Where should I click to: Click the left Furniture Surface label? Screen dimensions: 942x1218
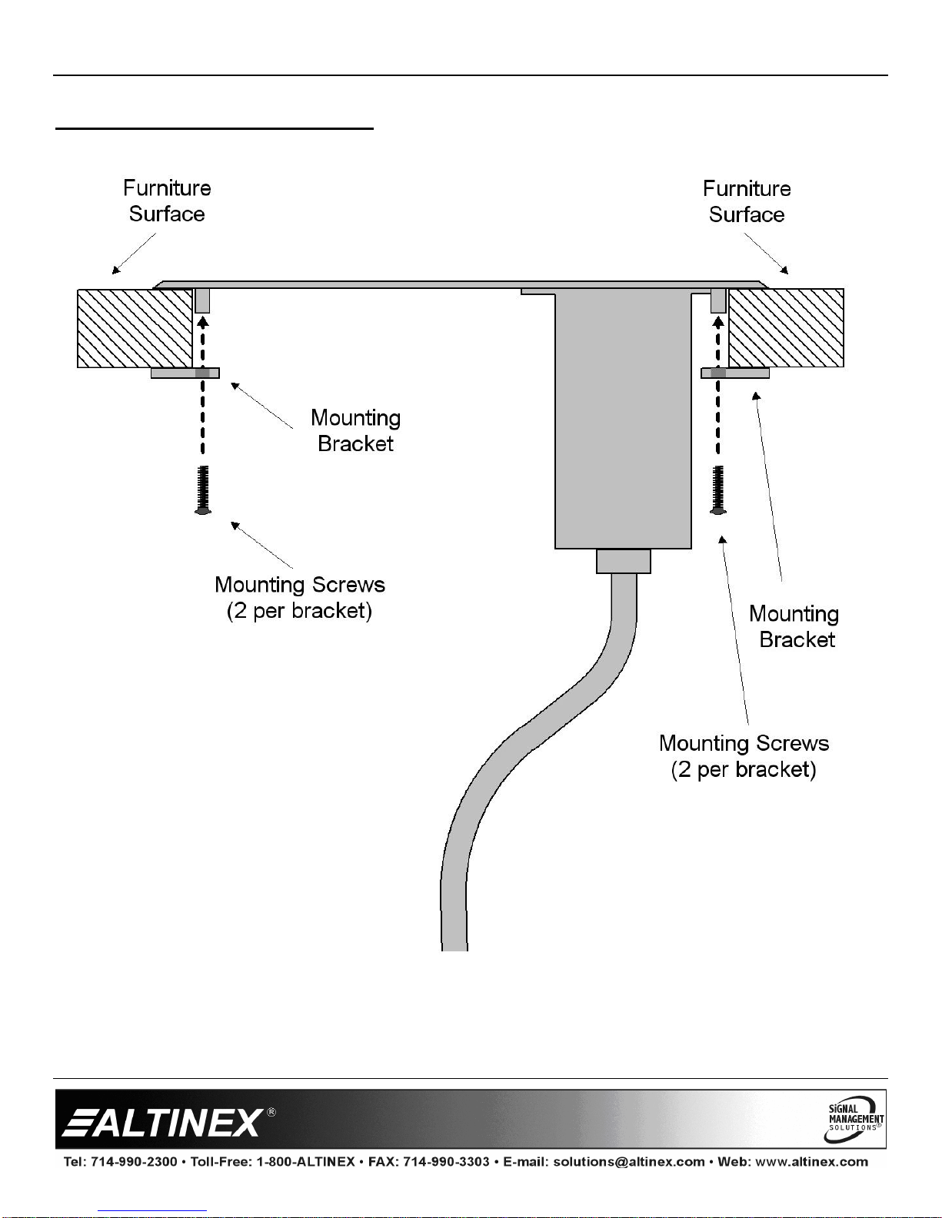167,201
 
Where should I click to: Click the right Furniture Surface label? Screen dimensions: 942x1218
747,201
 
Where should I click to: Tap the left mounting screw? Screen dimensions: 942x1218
203,490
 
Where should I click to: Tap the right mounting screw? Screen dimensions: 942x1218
718,490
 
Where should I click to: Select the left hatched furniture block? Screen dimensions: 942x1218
135,328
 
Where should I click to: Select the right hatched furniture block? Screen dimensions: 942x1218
786,328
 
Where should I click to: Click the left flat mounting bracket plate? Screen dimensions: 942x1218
185,373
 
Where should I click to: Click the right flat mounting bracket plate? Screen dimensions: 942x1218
735,373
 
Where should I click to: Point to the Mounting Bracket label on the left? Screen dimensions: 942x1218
355,430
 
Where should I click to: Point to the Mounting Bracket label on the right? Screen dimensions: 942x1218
794,626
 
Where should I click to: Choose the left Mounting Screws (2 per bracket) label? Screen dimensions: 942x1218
299,598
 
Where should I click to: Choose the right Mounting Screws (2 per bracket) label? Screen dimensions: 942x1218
744,756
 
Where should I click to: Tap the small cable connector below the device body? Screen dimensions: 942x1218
624,561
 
